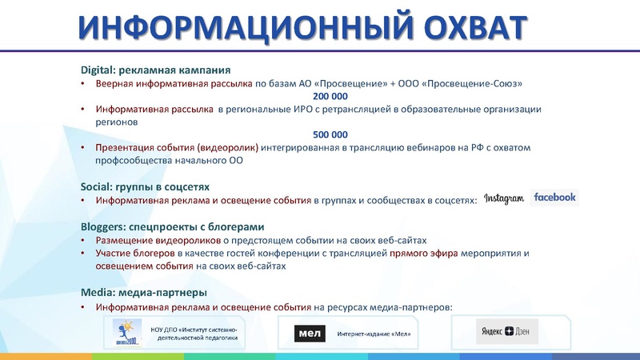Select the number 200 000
(329, 95)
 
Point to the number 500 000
(329, 135)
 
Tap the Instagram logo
(503, 198)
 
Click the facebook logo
(554, 198)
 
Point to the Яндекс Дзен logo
(508, 330)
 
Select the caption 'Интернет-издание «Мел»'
(374, 334)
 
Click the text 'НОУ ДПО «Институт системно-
(199, 328)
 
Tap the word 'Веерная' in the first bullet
(114, 83)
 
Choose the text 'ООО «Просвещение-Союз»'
(459, 83)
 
